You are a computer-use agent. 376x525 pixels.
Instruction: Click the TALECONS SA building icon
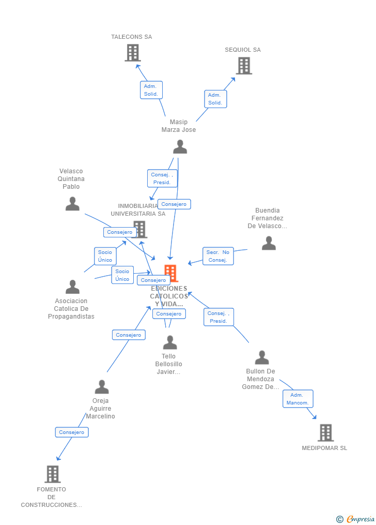pos(133,53)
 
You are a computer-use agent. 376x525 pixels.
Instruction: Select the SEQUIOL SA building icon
pos(244,66)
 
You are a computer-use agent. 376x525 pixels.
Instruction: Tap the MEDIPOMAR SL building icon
pos(325,432)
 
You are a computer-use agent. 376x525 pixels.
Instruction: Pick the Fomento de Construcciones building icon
pos(52,474)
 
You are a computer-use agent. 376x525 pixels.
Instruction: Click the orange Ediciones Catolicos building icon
pos(170,273)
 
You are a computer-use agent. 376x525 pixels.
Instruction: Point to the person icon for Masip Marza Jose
pos(180,147)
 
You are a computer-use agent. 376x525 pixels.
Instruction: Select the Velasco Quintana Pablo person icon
pos(72,204)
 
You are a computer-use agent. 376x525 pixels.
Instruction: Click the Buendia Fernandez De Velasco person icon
pos(269,243)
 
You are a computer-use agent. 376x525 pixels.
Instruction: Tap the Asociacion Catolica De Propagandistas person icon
pos(72,287)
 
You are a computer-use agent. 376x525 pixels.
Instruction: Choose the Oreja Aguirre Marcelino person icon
pos(102,387)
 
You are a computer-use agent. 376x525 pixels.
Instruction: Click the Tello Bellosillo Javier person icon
pos(170,342)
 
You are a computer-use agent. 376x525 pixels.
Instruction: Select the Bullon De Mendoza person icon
pos(262,357)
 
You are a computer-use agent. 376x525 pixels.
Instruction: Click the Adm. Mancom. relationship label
pos(297,399)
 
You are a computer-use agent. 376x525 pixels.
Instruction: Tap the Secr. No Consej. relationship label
pos(218,256)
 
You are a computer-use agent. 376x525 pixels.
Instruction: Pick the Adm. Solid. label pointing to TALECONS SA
pos(151,90)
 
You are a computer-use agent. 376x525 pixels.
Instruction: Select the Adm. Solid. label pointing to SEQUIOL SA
pos(215,99)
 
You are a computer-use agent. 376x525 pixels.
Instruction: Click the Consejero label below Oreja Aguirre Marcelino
pos(72,432)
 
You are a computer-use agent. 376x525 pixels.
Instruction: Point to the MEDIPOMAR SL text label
pos(324,448)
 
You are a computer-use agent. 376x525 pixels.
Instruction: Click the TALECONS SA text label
pos(131,37)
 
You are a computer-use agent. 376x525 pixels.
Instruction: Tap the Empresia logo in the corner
pos(356,519)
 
